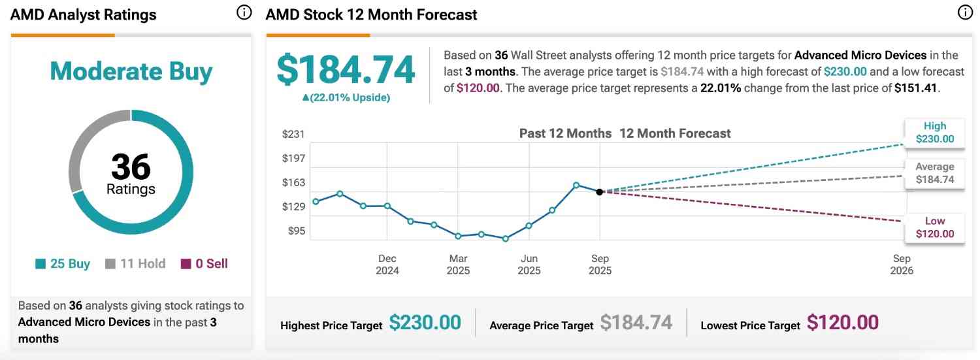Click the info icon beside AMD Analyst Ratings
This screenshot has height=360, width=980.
pos(244,13)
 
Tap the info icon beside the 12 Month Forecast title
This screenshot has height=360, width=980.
pos(965,12)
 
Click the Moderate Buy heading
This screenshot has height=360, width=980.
pos(131,71)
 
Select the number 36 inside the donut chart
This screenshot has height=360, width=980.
pos(131,167)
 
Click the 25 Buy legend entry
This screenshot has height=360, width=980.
pos(63,264)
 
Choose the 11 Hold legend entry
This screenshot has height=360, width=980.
pos(135,264)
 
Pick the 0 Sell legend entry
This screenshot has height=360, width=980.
pos(204,264)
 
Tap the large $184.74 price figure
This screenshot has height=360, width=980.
pos(346,70)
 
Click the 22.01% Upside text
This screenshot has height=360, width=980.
pos(346,97)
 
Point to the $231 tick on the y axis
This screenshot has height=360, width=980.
pos(293,134)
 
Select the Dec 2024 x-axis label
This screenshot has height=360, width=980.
pos(387,265)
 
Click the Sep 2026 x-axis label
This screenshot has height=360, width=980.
pos(902,265)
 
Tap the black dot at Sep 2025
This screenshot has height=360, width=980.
pos(599,191)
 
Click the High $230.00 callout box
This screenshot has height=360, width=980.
pos(934,132)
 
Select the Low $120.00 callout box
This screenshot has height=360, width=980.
pos(934,227)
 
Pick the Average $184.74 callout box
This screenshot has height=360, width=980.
pos(934,173)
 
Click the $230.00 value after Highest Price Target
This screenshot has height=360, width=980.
pos(425,323)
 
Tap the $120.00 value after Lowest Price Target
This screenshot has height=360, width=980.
pos(842,323)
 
